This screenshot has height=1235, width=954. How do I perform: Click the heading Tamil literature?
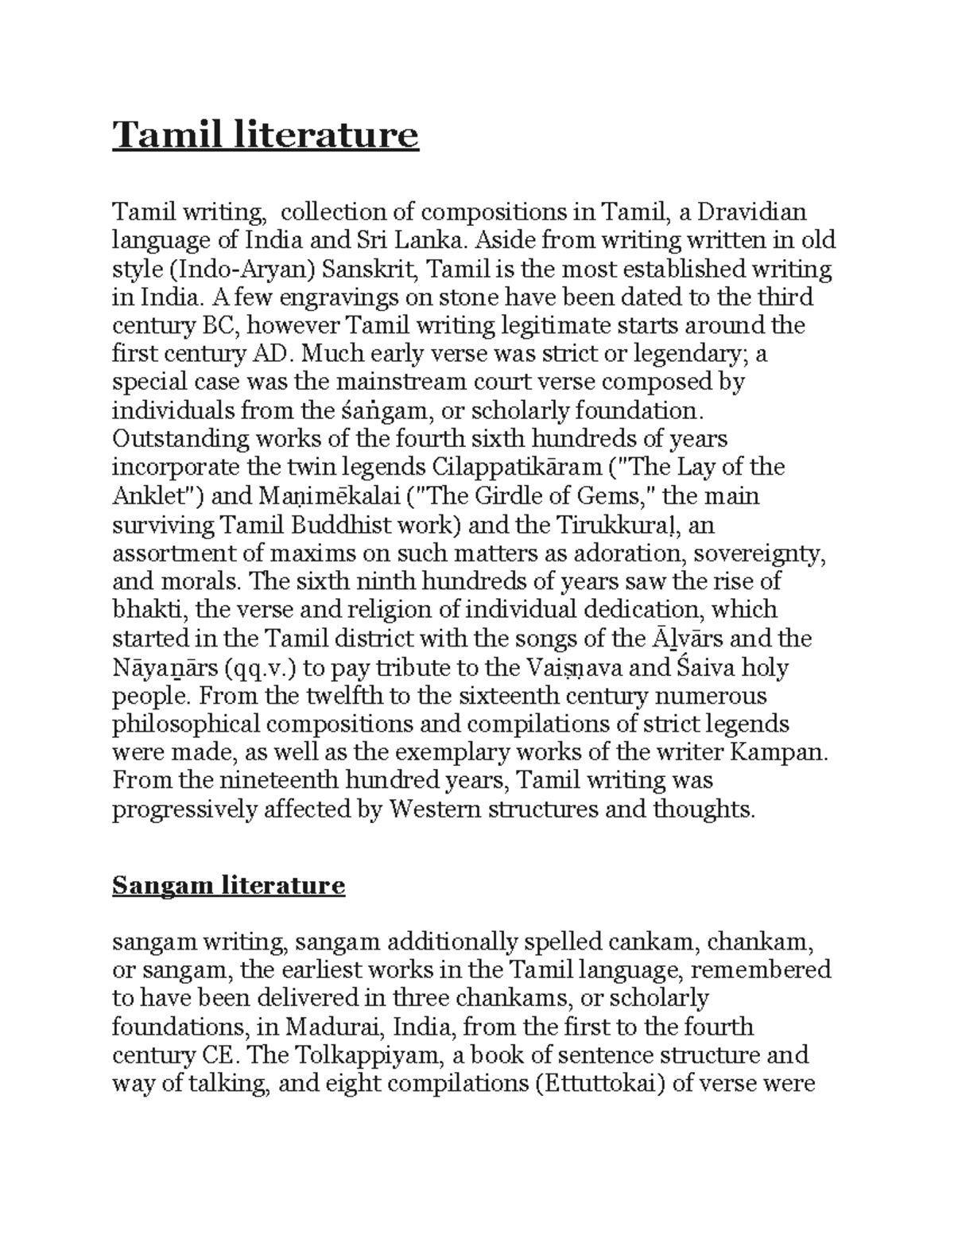pyautogui.click(x=265, y=135)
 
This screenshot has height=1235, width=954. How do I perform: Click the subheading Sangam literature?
pyautogui.click(x=228, y=885)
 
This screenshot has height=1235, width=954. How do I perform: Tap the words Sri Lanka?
pyautogui.click(x=408, y=240)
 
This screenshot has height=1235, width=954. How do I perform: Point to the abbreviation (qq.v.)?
pyautogui.click(x=261, y=667)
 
